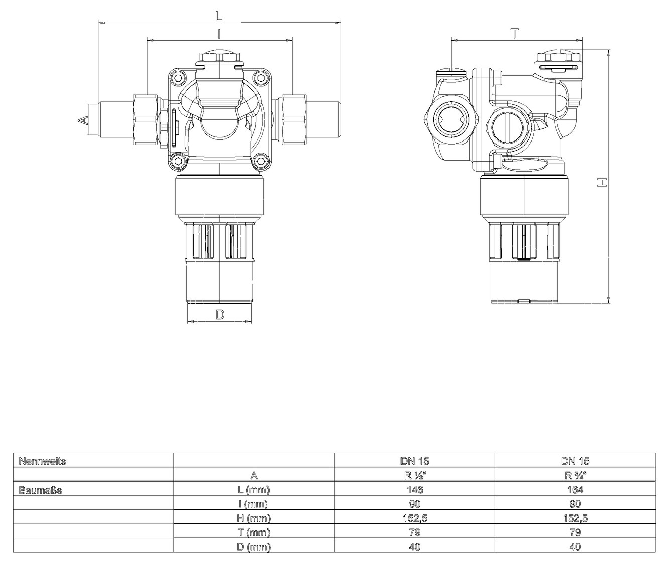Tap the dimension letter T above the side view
click(x=515, y=33)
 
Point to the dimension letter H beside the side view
click(x=602, y=182)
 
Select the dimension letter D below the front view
click(x=220, y=315)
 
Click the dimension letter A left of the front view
click(x=83, y=120)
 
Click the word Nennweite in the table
click(x=42, y=461)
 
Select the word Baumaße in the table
click(x=40, y=490)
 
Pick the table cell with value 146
click(x=415, y=490)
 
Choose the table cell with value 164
click(x=575, y=490)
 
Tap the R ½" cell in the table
click(x=415, y=475)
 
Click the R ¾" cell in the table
click(x=575, y=475)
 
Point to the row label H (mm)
click(x=253, y=518)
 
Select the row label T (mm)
click(x=253, y=532)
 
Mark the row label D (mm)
click(x=253, y=547)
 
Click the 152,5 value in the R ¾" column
click(x=575, y=518)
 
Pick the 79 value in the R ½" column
click(x=415, y=532)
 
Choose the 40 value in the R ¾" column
click(x=575, y=547)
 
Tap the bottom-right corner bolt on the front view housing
click(x=260, y=161)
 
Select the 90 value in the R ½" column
click(x=415, y=504)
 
